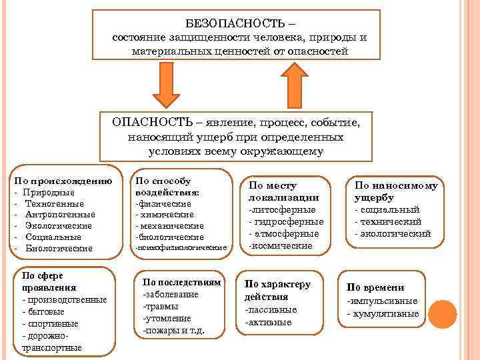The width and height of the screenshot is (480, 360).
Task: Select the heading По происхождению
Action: pyautogui.click(x=63, y=181)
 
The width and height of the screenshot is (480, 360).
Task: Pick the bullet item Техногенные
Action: pyautogui.click(x=54, y=203)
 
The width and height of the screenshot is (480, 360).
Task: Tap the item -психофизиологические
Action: pyautogui.click(x=181, y=247)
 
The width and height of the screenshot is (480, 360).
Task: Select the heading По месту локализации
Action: pyautogui.click(x=284, y=191)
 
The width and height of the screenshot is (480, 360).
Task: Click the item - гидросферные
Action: pyautogui.click(x=286, y=221)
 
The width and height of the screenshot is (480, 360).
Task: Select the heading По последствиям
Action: pyautogui.click(x=181, y=282)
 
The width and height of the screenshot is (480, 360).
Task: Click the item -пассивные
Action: pyautogui.click(x=271, y=310)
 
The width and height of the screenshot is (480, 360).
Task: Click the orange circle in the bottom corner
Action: pyautogui.click(x=442, y=315)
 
